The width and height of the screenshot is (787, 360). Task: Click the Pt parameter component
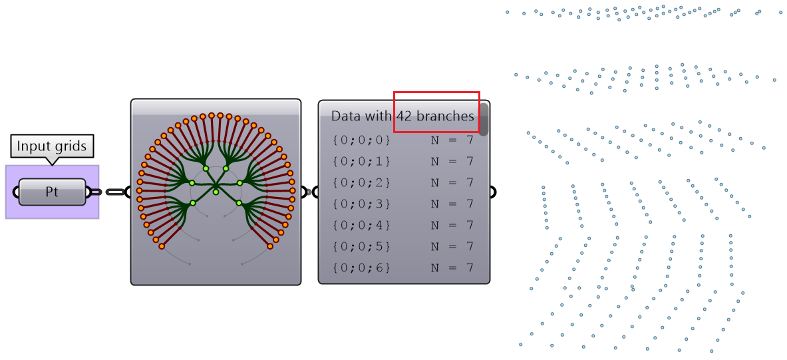point(52,192)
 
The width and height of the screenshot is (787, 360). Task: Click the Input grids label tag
point(52,146)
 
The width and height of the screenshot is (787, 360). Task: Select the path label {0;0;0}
point(361,140)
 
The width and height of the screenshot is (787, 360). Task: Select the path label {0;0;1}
point(361,162)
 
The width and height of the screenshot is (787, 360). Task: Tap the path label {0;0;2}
point(361,183)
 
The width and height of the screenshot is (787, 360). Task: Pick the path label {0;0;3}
point(361,204)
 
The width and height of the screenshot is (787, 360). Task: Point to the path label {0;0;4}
point(361,226)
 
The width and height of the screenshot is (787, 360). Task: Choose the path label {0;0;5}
point(361,247)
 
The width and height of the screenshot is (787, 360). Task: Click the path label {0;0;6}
point(361,268)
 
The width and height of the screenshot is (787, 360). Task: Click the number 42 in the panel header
point(404,116)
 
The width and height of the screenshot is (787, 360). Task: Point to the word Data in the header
point(346,116)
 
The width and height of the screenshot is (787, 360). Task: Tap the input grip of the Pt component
point(15,192)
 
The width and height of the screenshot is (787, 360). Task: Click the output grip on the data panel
point(493,192)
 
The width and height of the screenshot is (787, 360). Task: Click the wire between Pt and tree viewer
point(114,192)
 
